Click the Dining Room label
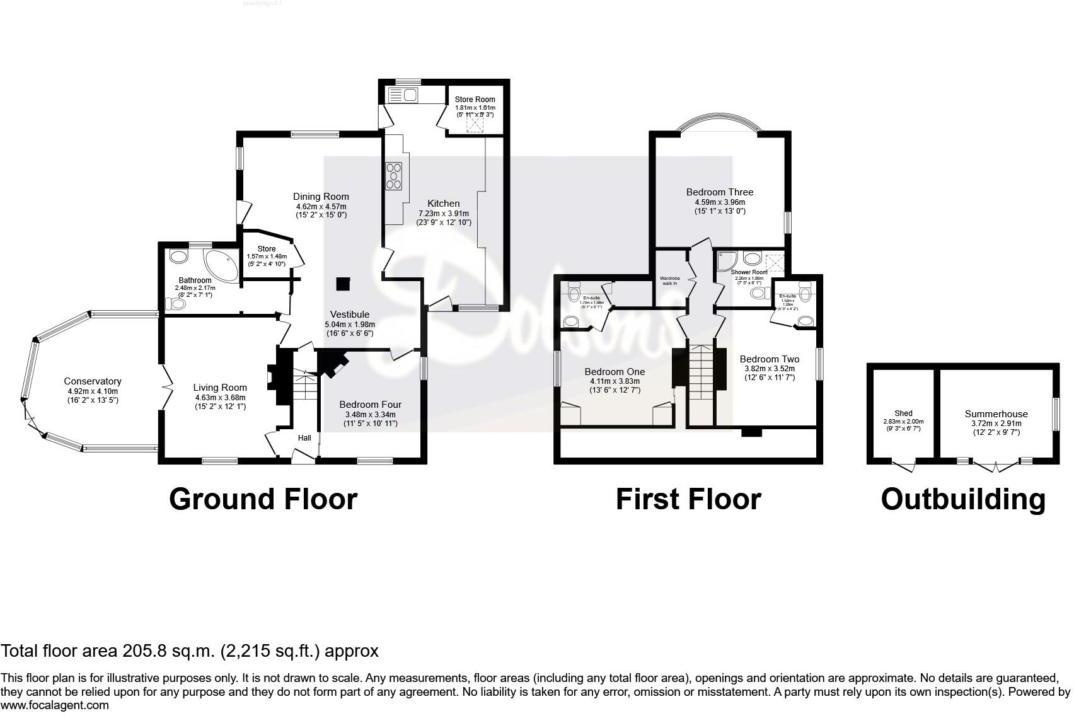pyautogui.click(x=321, y=197)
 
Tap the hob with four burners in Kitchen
pyautogui.click(x=394, y=176)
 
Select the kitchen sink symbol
pyautogui.click(x=403, y=95)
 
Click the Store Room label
pyautogui.click(x=475, y=100)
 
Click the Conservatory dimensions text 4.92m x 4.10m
pyautogui.click(x=92, y=391)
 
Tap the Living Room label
pyautogui.click(x=220, y=388)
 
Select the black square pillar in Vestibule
pyautogui.click(x=343, y=284)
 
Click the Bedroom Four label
pyautogui.click(x=370, y=405)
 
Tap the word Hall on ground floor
pyautogui.click(x=304, y=438)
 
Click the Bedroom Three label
pyautogui.click(x=720, y=192)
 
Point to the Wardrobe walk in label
pyautogui.click(x=668, y=280)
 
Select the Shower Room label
pyautogui.click(x=749, y=272)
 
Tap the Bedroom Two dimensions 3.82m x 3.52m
pyautogui.click(x=770, y=369)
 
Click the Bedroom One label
pyautogui.click(x=615, y=372)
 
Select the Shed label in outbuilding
pyautogui.click(x=903, y=414)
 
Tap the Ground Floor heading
pyautogui.click(x=263, y=499)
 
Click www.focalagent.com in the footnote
pyautogui.click(x=55, y=705)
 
